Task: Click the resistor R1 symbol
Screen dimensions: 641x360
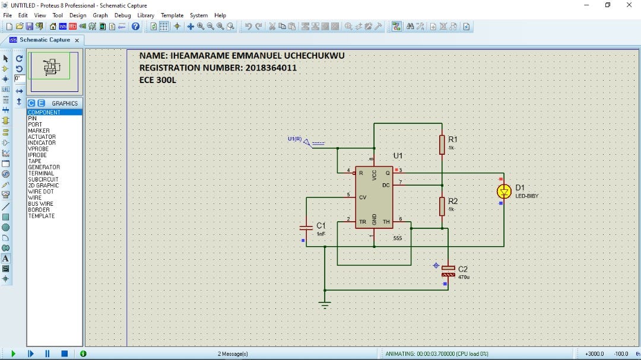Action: click(x=442, y=144)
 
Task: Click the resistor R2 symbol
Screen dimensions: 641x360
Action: click(x=442, y=206)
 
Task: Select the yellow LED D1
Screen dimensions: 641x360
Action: click(x=504, y=191)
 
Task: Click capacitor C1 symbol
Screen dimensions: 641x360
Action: click(x=306, y=228)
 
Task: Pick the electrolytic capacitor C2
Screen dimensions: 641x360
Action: click(x=448, y=271)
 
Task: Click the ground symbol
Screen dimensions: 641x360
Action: click(x=325, y=304)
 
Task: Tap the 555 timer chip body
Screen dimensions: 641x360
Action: click(x=374, y=197)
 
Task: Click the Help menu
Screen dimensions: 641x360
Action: click(x=220, y=15)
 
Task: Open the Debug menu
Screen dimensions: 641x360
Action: click(x=122, y=15)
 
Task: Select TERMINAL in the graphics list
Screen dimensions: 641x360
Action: click(x=40, y=173)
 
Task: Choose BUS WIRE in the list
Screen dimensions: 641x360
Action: click(x=40, y=203)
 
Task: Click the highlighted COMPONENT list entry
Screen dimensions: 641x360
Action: click(x=44, y=112)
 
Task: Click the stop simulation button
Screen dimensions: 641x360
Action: click(x=64, y=353)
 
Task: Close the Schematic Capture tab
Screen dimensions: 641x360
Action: click(x=77, y=40)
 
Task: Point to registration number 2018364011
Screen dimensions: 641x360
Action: click(x=270, y=68)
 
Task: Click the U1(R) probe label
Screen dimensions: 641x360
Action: click(x=294, y=139)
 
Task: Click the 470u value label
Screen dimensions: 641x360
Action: click(x=464, y=277)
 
